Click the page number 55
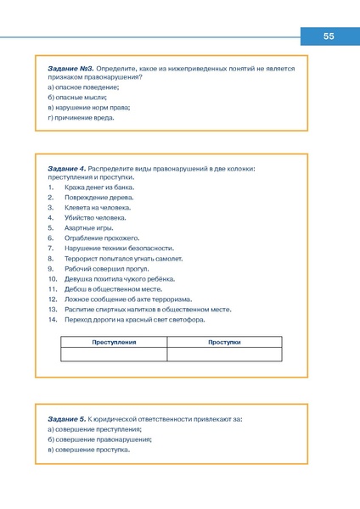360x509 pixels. click(329, 36)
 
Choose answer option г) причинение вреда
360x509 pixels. click(81, 118)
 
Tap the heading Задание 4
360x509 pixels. click(67, 169)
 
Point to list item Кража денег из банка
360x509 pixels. click(93, 187)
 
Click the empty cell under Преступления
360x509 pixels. click(114, 354)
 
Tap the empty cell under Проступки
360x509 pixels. click(224, 354)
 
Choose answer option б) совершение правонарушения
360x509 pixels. click(99, 439)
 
